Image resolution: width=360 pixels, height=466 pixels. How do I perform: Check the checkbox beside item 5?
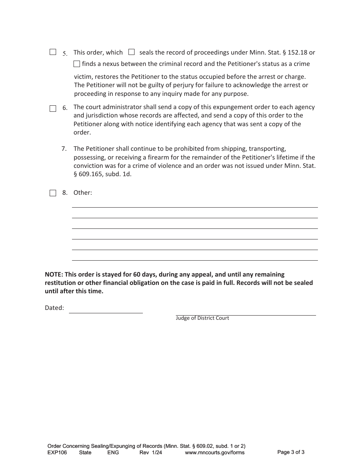(x=53, y=52)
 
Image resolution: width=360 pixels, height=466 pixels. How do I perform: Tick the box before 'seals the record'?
(x=131, y=52)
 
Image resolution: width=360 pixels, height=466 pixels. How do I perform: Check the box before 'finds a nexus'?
(x=77, y=64)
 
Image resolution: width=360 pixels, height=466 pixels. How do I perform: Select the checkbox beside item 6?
(x=53, y=109)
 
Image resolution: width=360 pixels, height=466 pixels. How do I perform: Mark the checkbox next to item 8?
(x=53, y=193)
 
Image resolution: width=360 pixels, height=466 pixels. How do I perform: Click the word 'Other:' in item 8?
(x=83, y=192)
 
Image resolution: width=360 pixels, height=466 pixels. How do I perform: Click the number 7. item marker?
(x=64, y=149)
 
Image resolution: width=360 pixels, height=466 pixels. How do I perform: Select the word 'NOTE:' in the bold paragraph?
(x=54, y=274)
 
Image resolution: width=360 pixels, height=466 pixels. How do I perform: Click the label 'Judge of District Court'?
(x=202, y=318)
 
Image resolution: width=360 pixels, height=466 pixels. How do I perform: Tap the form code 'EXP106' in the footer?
(x=57, y=452)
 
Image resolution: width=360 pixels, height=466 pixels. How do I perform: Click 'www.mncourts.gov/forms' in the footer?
(x=214, y=452)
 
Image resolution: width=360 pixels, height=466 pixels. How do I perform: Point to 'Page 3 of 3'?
(x=291, y=452)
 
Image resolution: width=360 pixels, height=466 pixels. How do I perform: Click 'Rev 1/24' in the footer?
(x=150, y=452)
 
